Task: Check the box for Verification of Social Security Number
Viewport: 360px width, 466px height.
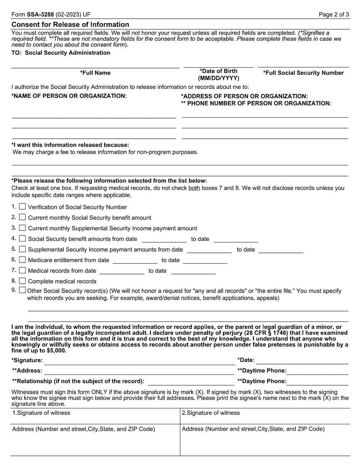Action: [22, 207]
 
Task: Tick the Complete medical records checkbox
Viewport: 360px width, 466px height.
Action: [22, 281]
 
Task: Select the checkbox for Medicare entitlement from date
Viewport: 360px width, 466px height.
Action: [22, 260]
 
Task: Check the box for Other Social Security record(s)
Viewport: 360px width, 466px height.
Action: [22, 290]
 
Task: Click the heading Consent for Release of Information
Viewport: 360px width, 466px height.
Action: [70, 24]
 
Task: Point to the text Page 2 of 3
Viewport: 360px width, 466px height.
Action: [334, 15]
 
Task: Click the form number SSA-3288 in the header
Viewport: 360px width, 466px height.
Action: [40, 15]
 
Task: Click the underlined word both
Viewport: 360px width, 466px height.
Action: [194, 188]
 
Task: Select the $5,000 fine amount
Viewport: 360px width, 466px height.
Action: [56, 350]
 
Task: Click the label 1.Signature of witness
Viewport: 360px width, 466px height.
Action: [41, 413]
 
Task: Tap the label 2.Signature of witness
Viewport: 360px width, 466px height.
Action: [211, 413]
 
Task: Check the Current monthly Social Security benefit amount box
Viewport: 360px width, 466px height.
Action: [22, 217]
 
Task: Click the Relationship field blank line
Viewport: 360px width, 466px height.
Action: [191, 382]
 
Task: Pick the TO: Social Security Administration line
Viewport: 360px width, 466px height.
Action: [61, 53]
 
